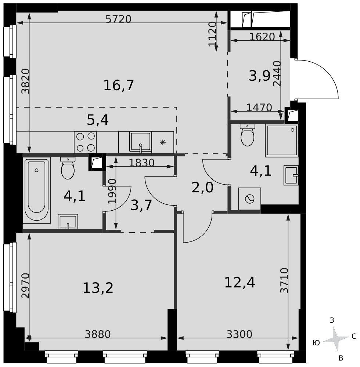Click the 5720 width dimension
[x=118, y=19]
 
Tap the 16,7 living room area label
[x=119, y=85]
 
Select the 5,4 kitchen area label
[x=98, y=120]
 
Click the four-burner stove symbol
[x=86, y=142]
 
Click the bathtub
[x=36, y=190]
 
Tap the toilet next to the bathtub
[x=68, y=168]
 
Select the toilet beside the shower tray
[x=247, y=135]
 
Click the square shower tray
[x=282, y=141]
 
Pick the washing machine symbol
[x=249, y=199]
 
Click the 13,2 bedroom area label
[x=98, y=288]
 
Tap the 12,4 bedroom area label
[x=240, y=283]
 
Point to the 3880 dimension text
[x=97, y=334]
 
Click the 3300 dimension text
[x=239, y=334]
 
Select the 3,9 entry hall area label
[x=259, y=76]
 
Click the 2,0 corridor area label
[x=202, y=188]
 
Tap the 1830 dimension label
[x=142, y=163]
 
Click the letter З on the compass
[x=332, y=320]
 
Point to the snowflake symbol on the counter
[x=163, y=142]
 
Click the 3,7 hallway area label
[x=141, y=206]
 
